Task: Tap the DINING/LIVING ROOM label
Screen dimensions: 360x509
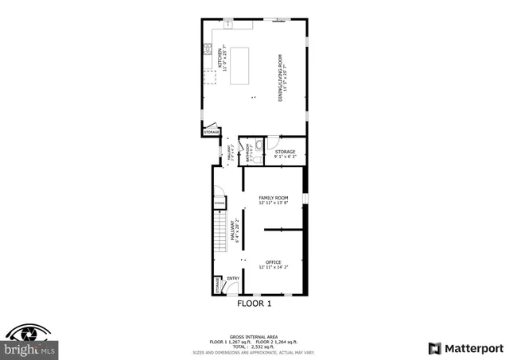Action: (x=281, y=77)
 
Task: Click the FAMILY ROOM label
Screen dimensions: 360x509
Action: (x=274, y=198)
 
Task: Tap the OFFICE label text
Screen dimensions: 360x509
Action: (x=274, y=262)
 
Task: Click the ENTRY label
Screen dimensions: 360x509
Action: (x=233, y=278)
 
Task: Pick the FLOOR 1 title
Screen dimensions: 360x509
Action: (x=254, y=303)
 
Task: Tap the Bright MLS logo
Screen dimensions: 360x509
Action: (x=29, y=343)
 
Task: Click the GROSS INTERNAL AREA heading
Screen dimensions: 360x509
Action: (x=254, y=335)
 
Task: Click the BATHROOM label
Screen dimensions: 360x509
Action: (x=248, y=152)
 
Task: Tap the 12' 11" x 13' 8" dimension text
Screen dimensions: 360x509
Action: (x=274, y=203)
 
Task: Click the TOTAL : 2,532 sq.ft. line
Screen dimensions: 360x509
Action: (x=254, y=346)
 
